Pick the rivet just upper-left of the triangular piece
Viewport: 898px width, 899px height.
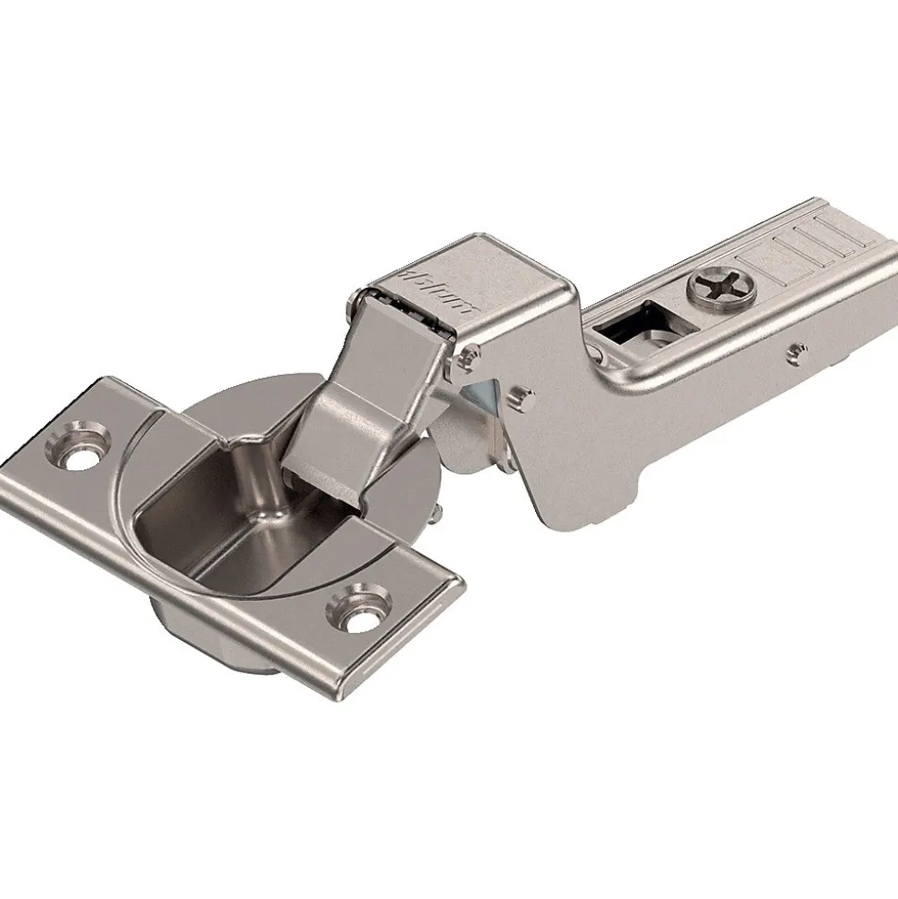(x=471, y=353)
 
